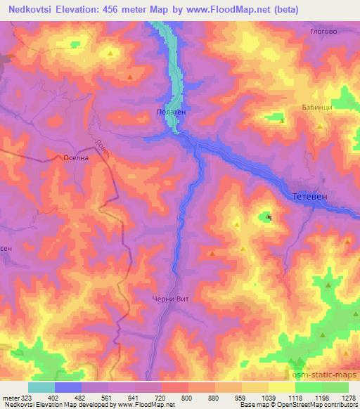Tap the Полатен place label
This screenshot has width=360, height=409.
coord(169,112)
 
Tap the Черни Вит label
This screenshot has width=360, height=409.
coord(171,299)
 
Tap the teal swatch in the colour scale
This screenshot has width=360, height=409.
coord(41,387)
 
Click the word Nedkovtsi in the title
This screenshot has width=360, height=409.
coord(33,10)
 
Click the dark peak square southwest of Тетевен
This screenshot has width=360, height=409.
coord(270,218)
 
